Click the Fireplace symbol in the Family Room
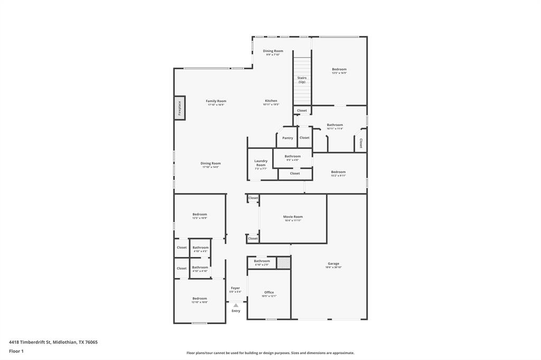coord(180,108)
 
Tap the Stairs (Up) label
coord(302,80)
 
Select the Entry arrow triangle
coord(236,305)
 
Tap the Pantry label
coord(287,138)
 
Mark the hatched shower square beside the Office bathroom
coord(284,262)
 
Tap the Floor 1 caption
coord(17,350)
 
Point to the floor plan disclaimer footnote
coord(270,353)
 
